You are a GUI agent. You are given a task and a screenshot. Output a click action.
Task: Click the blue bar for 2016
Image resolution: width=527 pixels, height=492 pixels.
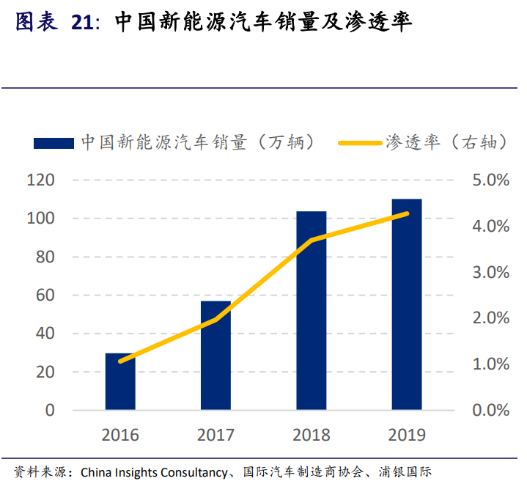[x=120, y=381]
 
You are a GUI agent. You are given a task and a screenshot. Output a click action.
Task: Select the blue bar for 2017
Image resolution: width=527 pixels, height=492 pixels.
[x=215, y=356]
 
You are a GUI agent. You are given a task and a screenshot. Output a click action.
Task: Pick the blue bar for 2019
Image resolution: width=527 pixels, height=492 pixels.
[x=407, y=304]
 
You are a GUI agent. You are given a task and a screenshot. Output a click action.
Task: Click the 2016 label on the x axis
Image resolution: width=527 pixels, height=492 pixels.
[x=120, y=435]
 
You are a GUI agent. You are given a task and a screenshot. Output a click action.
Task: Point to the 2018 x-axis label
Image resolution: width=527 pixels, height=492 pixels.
[x=312, y=435]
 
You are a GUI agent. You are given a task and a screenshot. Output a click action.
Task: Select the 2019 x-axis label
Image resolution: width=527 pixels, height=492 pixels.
[x=407, y=435]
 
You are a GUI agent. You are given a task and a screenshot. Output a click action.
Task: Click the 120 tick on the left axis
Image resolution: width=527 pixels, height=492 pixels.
[x=41, y=180]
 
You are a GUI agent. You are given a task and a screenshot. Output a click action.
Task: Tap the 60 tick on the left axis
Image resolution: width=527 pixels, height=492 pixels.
[x=46, y=295]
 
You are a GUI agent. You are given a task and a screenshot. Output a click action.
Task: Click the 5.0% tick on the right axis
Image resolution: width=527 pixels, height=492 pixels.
[x=491, y=180]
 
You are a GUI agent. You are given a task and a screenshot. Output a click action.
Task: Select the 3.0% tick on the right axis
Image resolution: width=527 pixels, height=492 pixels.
[x=491, y=272]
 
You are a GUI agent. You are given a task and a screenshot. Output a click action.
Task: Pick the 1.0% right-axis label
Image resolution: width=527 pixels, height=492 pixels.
[x=491, y=364]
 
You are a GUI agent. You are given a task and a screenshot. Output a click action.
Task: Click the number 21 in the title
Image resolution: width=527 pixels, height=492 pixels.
[x=83, y=23]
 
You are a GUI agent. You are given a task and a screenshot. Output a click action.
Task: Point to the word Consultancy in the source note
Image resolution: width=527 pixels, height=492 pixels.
[x=194, y=471]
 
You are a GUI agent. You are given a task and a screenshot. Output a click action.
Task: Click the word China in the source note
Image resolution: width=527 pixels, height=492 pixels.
[x=97, y=471]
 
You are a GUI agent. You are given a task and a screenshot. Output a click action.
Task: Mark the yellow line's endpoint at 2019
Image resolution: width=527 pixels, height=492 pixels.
[x=407, y=213]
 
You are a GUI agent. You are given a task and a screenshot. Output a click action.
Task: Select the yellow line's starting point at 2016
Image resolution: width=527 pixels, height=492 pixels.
[x=120, y=361]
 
